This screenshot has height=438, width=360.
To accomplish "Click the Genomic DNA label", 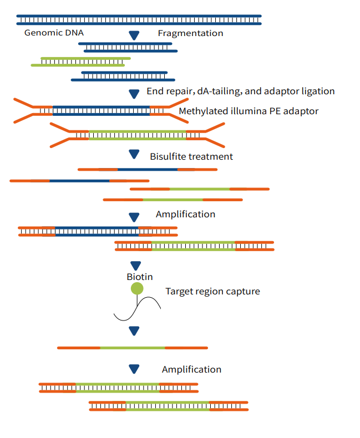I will point(54,33).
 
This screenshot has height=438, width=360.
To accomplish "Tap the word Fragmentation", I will point(190,33).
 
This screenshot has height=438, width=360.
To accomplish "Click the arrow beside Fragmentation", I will point(134,35).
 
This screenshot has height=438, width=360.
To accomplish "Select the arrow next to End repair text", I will point(134,94).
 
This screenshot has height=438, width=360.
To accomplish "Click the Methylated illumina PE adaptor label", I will point(249,111).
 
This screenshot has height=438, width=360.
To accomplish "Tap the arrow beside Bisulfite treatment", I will point(134,154).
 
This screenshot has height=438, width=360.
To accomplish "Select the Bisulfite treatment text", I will point(191,156).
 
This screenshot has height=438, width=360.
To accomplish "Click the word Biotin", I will point(140,277).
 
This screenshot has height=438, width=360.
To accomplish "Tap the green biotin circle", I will point(137,288).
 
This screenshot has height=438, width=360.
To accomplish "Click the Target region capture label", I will point(212,291).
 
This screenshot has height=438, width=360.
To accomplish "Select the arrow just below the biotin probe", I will point(134,331).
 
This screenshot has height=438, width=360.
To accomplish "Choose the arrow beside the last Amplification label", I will point(134,369).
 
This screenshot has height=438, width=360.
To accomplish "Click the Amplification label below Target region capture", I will point(191,369).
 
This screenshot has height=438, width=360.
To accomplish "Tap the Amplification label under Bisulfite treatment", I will point(185,214).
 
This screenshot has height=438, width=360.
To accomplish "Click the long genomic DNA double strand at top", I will point(139,20).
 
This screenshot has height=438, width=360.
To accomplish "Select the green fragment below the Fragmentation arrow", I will point(81,62).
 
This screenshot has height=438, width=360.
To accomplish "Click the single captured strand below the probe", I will point(133,348).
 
